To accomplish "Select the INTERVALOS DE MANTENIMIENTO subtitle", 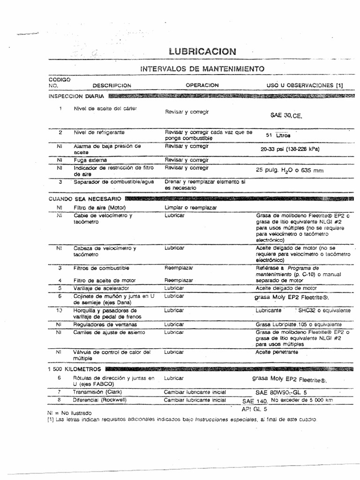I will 202,69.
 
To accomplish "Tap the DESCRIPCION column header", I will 112,86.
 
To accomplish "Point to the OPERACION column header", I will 202,85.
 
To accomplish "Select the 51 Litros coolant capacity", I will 278,135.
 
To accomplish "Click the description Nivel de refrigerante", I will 98,133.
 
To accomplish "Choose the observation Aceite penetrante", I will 277,352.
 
